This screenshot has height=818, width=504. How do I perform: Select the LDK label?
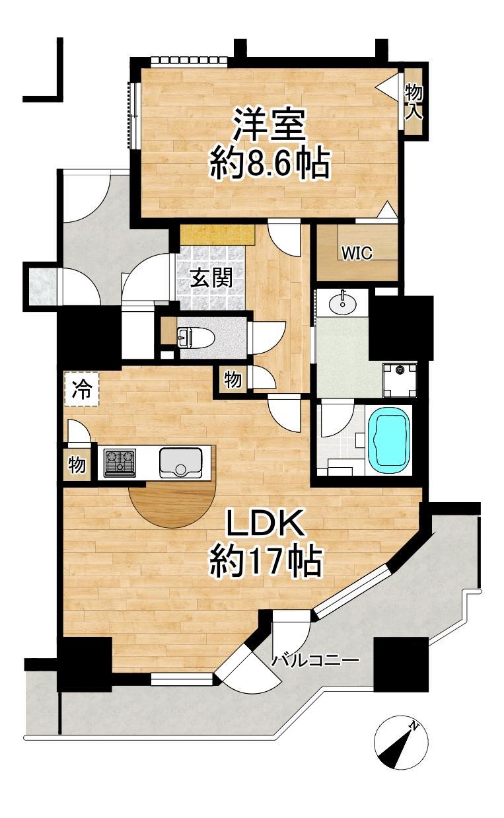266,525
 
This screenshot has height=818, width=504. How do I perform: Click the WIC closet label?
357,252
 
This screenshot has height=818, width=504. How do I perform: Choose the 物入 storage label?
414,101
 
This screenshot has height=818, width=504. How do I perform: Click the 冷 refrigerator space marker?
81,389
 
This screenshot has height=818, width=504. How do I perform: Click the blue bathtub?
389,440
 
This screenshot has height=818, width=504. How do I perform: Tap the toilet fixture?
193,337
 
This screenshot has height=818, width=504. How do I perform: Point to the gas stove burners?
120,463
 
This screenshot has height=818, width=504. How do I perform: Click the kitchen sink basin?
180,463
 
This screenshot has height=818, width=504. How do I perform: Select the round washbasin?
343,302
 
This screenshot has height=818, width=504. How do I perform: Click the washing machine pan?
400,379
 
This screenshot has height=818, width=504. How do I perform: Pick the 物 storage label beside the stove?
77,465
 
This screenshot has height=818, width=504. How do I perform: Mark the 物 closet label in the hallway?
233,380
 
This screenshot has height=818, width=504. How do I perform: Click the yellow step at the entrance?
217,235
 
